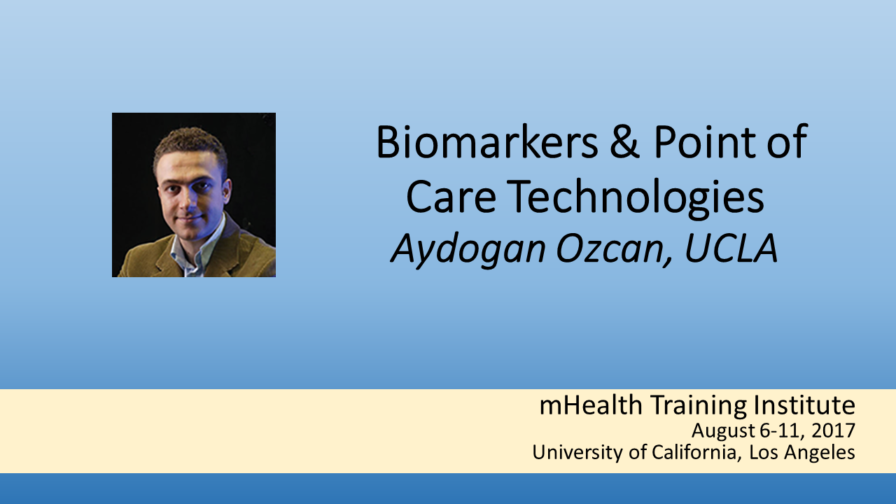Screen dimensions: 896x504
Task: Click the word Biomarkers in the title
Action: click(486, 142)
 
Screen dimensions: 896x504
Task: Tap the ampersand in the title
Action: click(625, 142)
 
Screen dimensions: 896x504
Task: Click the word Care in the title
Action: click(451, 197)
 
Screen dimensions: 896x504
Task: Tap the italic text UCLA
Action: click(731, 248)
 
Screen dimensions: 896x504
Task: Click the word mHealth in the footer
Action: click(591, 405)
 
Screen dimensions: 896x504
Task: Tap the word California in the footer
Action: click(695, 452)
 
